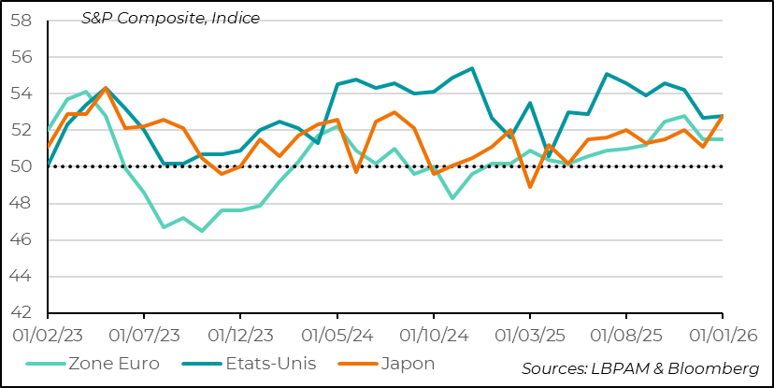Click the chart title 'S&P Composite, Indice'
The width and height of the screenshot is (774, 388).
click(x=170, y=18)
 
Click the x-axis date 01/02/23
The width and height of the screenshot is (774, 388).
click(x=47, y=334)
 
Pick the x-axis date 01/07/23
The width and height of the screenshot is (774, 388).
click(x=143, y=334)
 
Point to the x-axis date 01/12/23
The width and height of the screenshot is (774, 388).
click(x=239, y=334)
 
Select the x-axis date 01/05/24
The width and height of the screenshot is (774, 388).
click(x=336, y=334)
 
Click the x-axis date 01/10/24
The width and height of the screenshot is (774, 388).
click(x=433, y=334)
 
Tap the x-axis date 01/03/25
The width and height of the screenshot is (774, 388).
click(x=529, y=334)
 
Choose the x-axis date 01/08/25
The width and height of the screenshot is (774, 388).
click(x=625, y=334)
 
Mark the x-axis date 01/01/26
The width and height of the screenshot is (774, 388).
click(x=722, y=334)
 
